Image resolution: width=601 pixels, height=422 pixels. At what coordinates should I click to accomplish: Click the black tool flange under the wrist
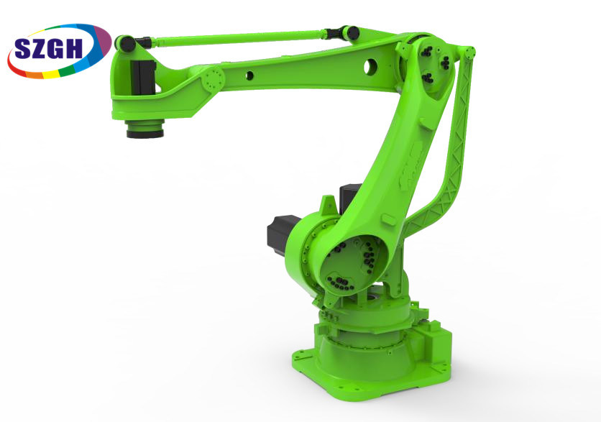pyautogui.click(x=144, y=130)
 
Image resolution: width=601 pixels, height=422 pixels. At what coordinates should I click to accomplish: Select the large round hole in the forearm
pyautogui.click(x=371, y=67)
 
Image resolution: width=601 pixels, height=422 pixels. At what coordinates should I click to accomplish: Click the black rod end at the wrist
pyautogui.click(x=129, y=43)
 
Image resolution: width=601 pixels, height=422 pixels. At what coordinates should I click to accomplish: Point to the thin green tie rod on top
pyautogui.click(x=237, y=37)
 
